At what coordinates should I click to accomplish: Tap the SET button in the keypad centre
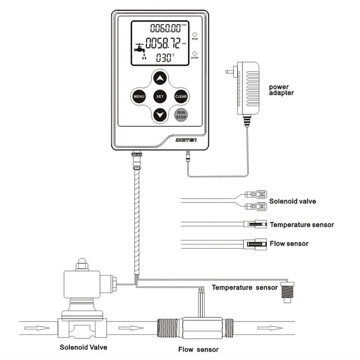(160, 96)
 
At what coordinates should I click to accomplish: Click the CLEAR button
(180, 96)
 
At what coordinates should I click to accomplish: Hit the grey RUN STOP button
(180, 116)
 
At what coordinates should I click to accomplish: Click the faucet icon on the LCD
(139, 47)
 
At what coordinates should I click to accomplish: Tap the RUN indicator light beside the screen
(195, 34)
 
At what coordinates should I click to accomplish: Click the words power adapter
(281, 90)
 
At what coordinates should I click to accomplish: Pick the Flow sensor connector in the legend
(255, 244)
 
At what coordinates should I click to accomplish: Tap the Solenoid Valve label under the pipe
(84, 347)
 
